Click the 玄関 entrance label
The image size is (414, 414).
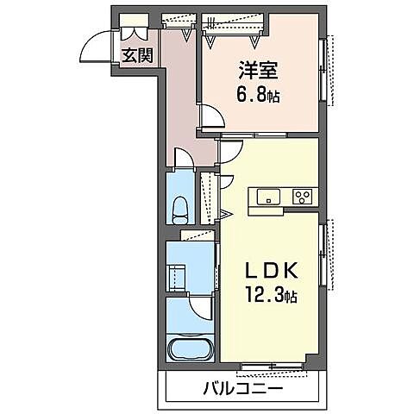[136, 56]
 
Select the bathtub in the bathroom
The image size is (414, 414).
[191, 350]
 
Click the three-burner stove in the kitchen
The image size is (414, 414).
[303, 196]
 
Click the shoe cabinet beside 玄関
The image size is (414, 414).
[135, 30]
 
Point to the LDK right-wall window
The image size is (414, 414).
[325, 254]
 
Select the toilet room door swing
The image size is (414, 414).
[183, 159]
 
